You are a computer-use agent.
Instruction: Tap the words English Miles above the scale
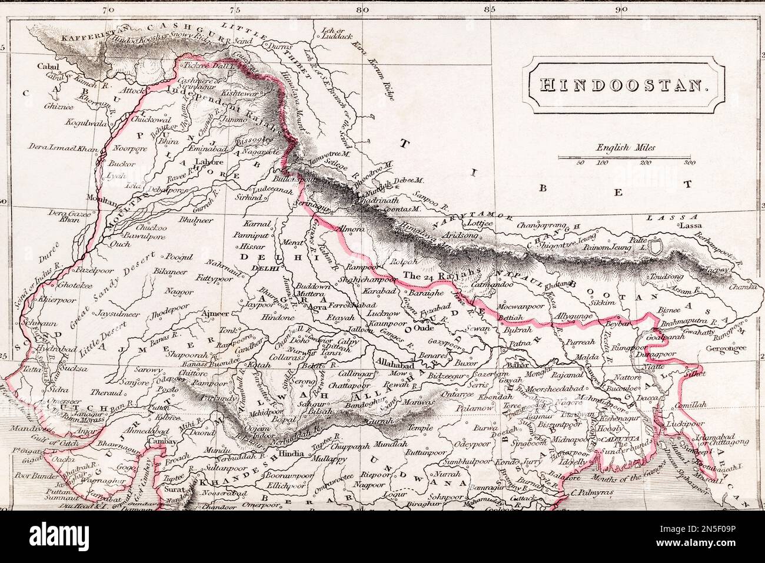click(x=626, y=148)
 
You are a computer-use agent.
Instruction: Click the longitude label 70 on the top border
click(x=106, y=9)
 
